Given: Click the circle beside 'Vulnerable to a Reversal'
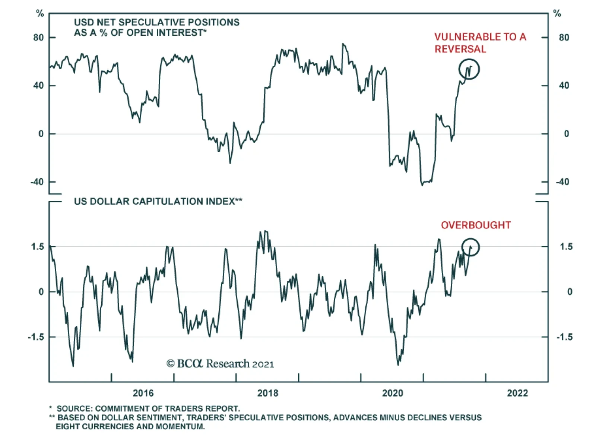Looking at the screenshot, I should pyautogui.click(x=469, y=69).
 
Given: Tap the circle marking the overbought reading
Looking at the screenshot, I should pyautogui.click(x=470, y=247).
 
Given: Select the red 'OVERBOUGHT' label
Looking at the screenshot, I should pyautogui.click(x=476, y=225).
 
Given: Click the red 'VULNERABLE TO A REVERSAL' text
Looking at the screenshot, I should pyautogui.click(x=480, y=43).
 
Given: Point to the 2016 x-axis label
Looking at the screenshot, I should pyautogui.click(x=143, y=393).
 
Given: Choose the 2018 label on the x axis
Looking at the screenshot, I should pyautogui.click(x=268, y=393).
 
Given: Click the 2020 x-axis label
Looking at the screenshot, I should pyautogui.click(x=393, y=393).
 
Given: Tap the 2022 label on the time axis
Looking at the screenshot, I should pyautogui.click(x=517, y=393).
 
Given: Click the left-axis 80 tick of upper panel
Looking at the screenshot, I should pyautogui.click(x=38, y=38).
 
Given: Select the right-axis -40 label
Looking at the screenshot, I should pyautogui.click(x=562, y=182).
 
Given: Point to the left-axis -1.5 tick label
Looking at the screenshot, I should pyautogui.click(x=36, y=337).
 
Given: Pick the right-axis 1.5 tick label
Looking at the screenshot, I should pyautogui.click(x=566, y=247).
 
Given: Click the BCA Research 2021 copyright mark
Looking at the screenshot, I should pyautogui.click(x=220, y=363).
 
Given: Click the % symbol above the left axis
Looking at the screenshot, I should pyautogui.click(x=40, y=14).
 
